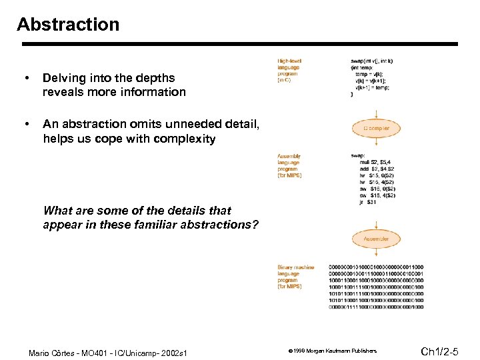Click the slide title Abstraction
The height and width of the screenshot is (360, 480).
pos(68,25)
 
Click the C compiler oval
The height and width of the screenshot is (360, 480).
pos(376,127)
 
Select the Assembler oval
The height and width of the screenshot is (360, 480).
pos(376,239)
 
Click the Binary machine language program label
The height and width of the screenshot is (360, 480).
pos(295,277)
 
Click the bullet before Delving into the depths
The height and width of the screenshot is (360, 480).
pos(26,79)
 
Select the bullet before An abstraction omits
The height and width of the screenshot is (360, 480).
pos(26,124)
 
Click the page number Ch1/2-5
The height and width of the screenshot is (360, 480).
pos(444,351)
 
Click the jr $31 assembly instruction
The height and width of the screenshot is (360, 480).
pos(367,202)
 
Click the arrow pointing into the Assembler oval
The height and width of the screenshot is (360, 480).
pos(376,223)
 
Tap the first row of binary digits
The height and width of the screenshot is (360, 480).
pos(375,267)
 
